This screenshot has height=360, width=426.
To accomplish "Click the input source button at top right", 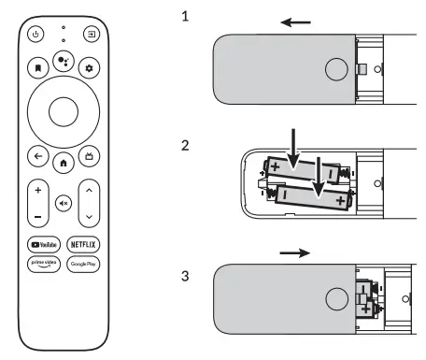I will (91, 36).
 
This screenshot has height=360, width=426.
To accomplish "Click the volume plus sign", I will (38, 190).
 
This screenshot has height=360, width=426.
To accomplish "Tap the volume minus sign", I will (38, 215).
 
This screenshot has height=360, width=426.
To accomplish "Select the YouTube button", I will (44, 243).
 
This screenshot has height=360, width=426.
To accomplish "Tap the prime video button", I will (44, 266).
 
